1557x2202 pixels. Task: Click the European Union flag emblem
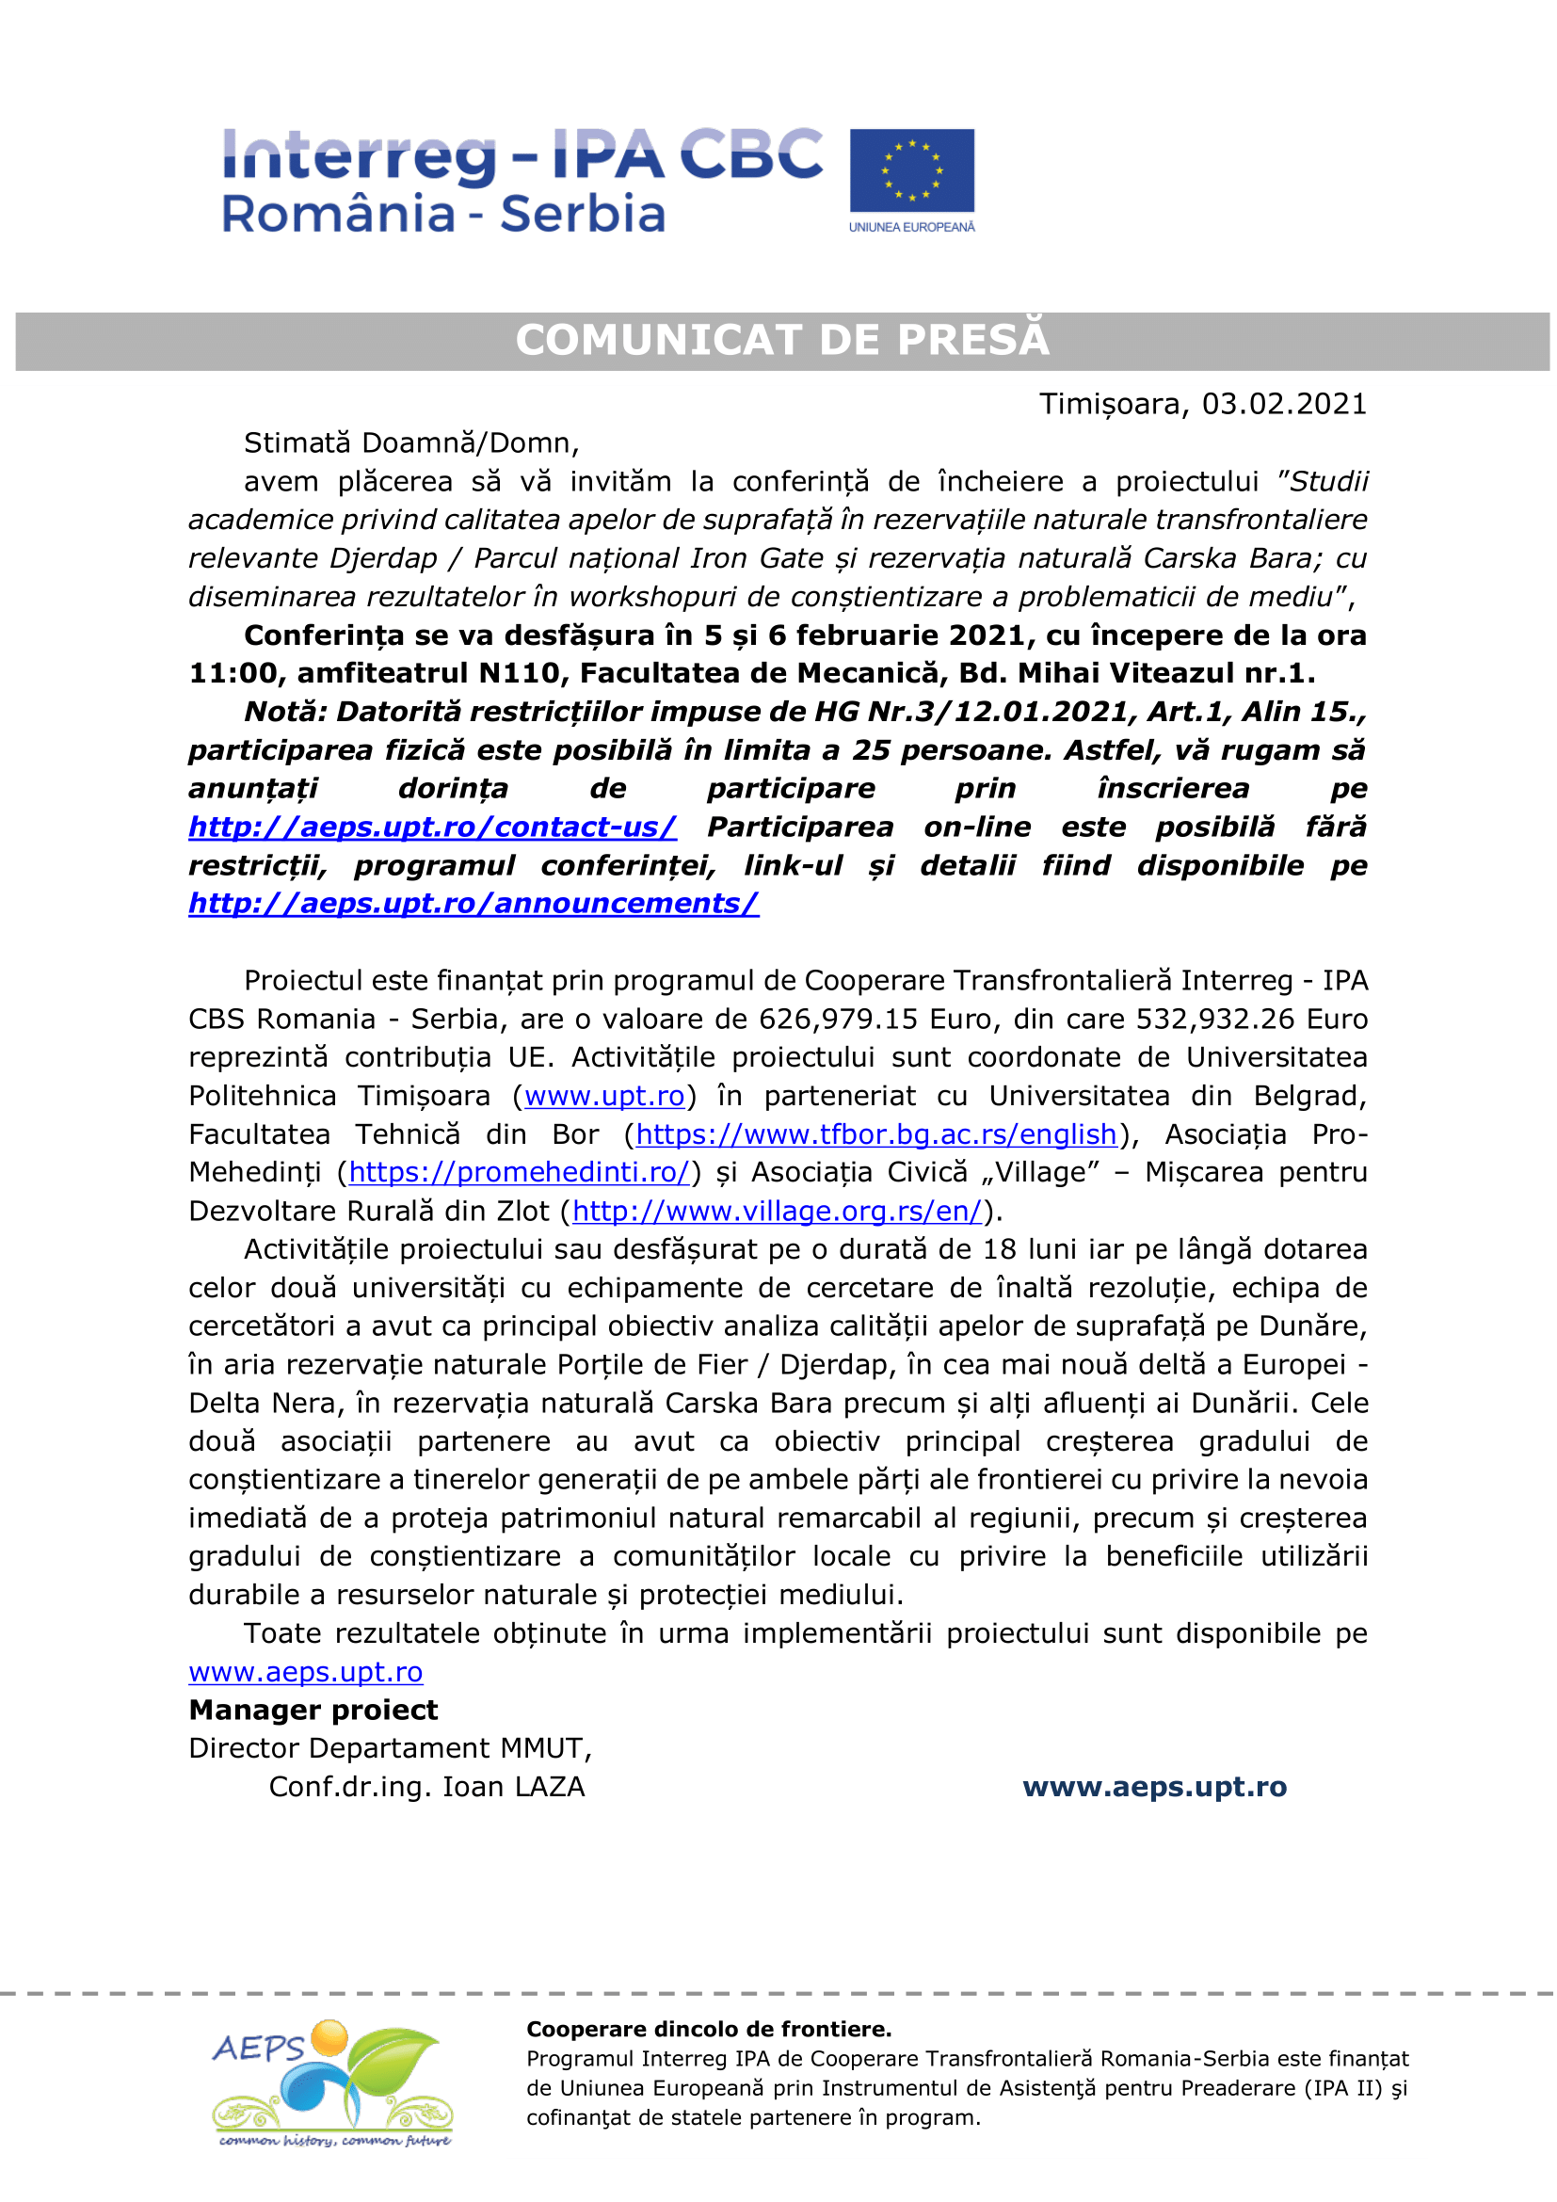tap(911, 169)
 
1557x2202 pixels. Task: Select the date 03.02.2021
tap(1284, 404)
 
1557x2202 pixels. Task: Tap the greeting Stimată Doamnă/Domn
tap(410, 443)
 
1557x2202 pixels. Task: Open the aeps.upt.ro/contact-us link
tap(432, 827)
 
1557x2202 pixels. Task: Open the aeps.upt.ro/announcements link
tap(474, 904)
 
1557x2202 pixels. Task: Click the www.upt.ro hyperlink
tap(604, 1095)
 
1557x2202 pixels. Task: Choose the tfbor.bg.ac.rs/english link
tap(876, 1134)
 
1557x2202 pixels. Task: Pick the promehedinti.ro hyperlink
tap(519, 1172)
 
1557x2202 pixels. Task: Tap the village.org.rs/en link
tap(777, 1212)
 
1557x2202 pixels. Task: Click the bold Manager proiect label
tap(313, 1710)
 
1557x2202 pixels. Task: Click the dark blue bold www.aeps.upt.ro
tap(1154, 1787)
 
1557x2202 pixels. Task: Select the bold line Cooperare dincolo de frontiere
tap(709, 2030)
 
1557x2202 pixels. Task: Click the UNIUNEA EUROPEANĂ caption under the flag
tap(911, 227)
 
